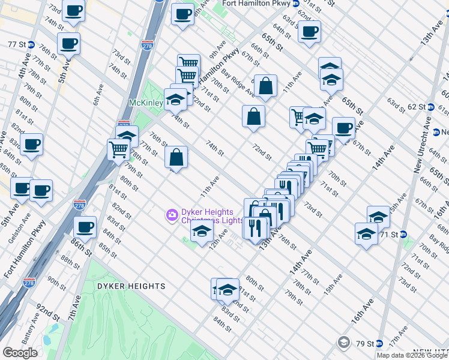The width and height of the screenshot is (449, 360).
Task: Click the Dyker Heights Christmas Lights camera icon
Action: pos(172,214)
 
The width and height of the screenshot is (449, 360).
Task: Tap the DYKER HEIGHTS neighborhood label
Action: pos(131,287)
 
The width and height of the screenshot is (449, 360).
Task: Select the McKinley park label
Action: pos(145,103)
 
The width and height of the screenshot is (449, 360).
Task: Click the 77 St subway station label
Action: pos(17,44)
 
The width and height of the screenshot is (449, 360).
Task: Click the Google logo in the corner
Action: pos(20,353)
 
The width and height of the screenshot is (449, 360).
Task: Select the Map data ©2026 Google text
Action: pos(412,355)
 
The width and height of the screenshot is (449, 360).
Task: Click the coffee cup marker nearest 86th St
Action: pos(85,227)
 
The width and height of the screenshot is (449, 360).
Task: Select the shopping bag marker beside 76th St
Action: pos(176,158)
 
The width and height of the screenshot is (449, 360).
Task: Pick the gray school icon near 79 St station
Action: pos(344,343)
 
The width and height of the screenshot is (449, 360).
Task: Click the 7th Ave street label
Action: pos(75,310)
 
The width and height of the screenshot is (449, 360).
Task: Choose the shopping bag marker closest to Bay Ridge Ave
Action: pos(265,87)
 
